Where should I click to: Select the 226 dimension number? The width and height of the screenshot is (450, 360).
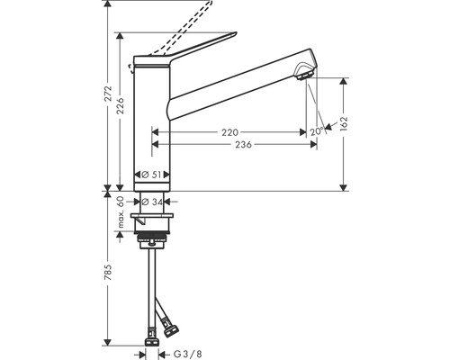pyautogui.click(x=120, y=107)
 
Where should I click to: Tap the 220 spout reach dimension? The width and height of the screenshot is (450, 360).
pyautogui.click(x=230, y=132)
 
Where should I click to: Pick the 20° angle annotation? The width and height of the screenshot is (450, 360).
pyautogui.click(x=316, y=131)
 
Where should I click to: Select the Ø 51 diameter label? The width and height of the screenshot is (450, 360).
pyautogui.click(x=151, y=175)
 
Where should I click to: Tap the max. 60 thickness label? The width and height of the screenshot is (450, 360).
pyautogui.click(x=121, y=211)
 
